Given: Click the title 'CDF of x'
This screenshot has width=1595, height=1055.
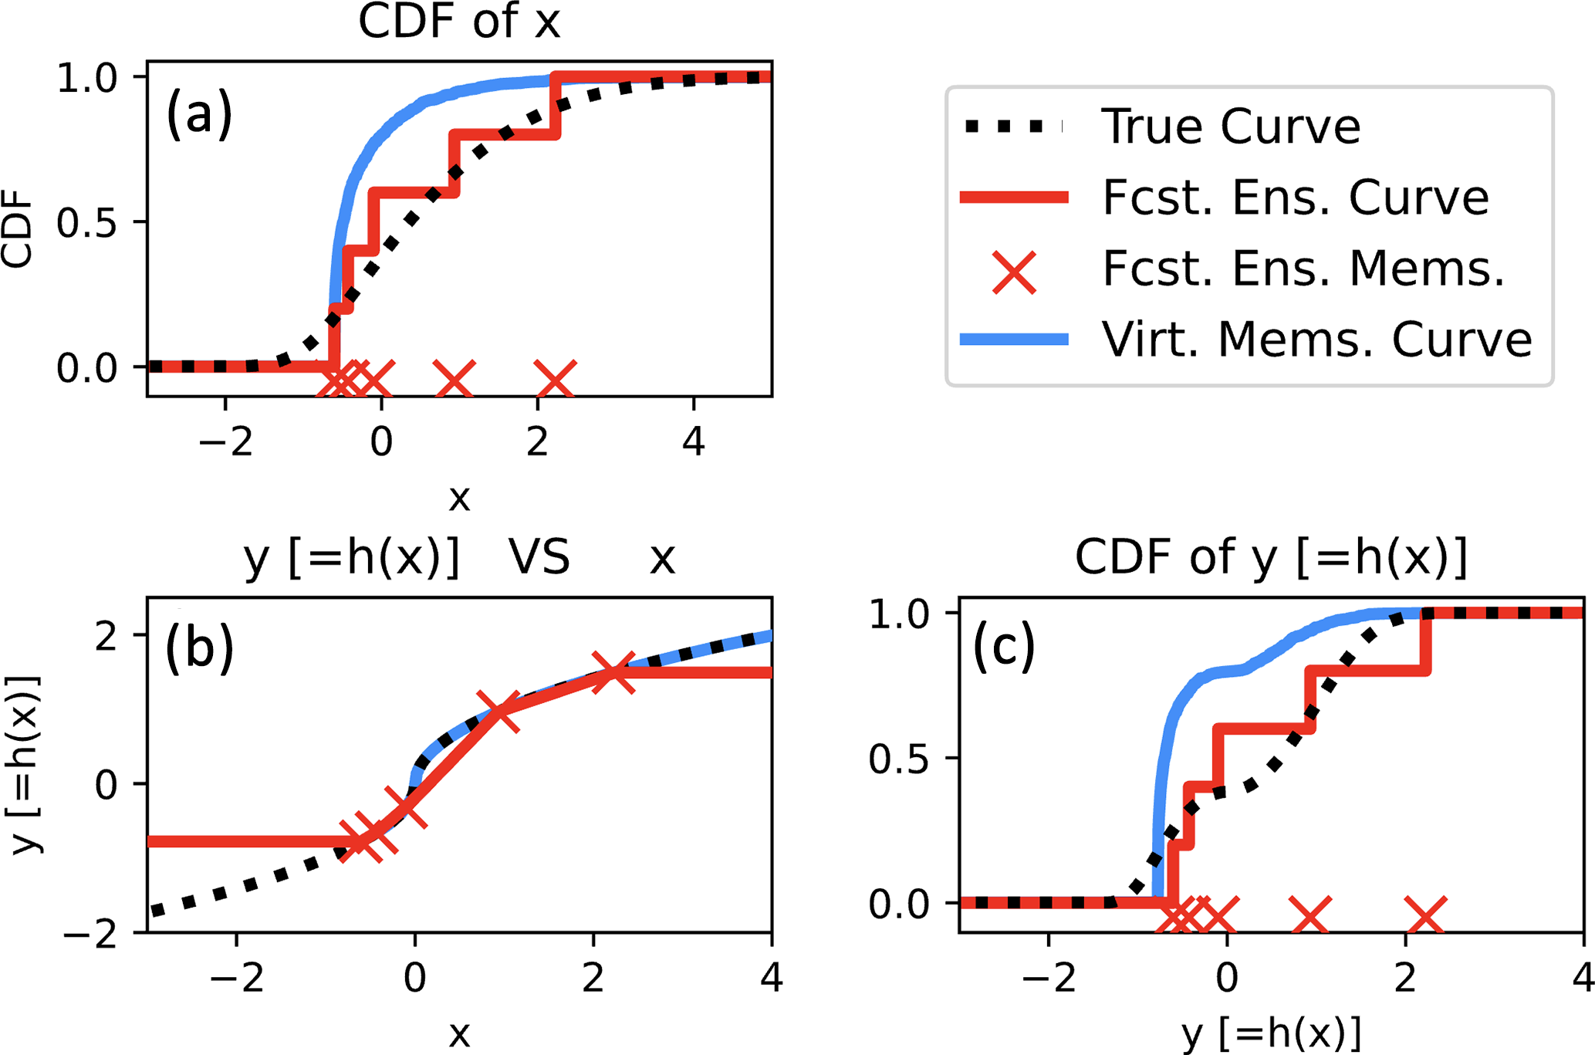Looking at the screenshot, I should click(x=459, y=22).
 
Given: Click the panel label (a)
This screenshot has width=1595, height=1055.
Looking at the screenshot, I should click(x=199, y=114).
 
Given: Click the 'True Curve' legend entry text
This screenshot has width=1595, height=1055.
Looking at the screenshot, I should click(x=1231, y=127).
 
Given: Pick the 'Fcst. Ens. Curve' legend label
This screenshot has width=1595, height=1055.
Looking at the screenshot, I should click(x=1296, y=198).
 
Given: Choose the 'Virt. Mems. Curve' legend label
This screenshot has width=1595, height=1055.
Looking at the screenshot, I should click(x=1316, y=340).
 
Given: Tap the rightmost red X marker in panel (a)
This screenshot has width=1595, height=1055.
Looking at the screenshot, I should click(x=555, y=379).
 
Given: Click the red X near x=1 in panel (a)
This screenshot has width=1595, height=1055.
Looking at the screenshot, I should click(x=454, y=379).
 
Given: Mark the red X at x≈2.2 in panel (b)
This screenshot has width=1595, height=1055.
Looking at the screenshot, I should click(x=613, y=672).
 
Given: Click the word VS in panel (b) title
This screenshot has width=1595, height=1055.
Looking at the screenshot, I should click(x=539, y=557).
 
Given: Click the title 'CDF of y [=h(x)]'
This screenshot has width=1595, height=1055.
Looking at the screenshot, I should click(x=1271, y=557).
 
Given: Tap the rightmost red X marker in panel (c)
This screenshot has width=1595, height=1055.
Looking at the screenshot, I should click(x=1425, y=915).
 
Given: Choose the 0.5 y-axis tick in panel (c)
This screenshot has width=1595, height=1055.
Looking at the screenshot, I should click(x=899, y=759).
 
